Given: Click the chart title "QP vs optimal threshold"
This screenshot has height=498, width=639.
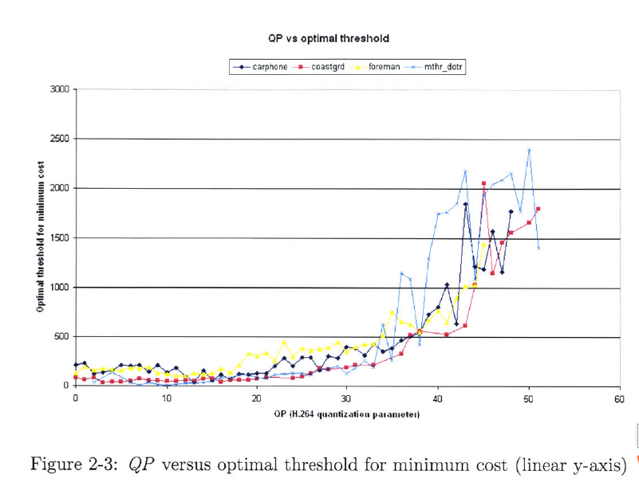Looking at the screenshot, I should pyautogui.click(x=329, y=38).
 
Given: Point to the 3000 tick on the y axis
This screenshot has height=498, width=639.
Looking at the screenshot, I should pyautogui.click(x=60, y=88).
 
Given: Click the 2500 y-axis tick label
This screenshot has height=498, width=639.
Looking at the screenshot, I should pyautogui.click(x=60, y=139).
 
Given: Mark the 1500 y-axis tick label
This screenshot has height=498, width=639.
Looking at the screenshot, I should pyautogui.click(x=60, y=238).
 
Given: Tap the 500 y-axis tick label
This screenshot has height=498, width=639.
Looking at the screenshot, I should pyautogui.click(x=62, y=337).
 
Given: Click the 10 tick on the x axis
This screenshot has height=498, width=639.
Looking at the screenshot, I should pyautogui.click(x=166, y=398).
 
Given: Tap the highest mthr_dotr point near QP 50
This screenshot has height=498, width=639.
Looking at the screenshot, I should pyautogui.click(x=528, y=150).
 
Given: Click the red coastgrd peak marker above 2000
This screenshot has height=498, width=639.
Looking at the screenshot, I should pyautogui.click(x=483, y=183).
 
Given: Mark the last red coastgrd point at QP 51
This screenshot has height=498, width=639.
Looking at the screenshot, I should pyautogui.click(x=538, y=209).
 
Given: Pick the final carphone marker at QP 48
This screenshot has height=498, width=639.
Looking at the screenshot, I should pyautogui.click(x=511, y=211).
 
